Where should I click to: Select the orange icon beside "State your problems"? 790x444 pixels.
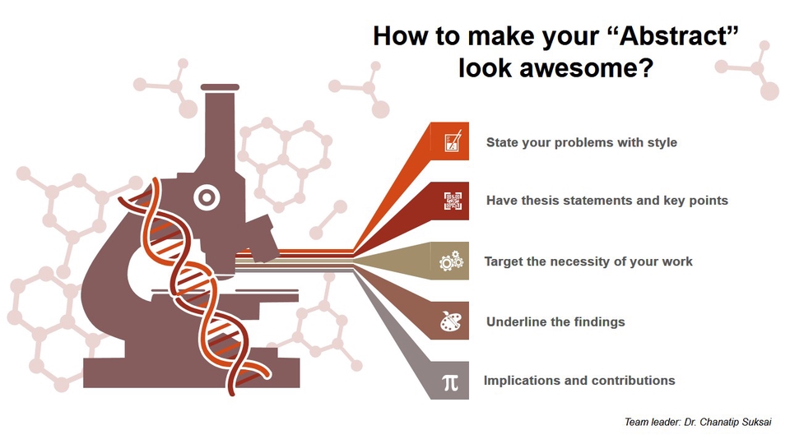(452, 142)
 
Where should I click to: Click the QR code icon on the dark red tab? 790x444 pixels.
(452, 201)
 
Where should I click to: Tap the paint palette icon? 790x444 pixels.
(451, 321)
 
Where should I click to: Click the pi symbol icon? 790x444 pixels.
(449, 381)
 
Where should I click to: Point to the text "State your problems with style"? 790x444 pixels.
(581, 142)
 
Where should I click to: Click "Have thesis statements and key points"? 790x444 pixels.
(606, 201)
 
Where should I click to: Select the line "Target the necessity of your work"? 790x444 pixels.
(588, 261)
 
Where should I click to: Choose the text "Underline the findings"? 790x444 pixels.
(555, 321)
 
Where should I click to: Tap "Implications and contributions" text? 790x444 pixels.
(579, 381)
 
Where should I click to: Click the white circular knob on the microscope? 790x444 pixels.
(206, 197)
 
